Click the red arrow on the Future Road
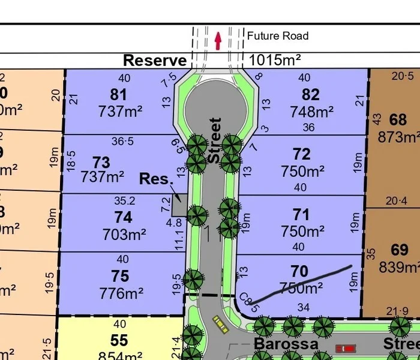point(218,40)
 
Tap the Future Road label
point(278,36)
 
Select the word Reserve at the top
point(155,61)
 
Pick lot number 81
point(119,95)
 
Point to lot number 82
point(311,95)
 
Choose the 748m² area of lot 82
point(311,112)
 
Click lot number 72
point(302,155)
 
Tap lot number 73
point(102,162)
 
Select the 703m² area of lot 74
point(122,235)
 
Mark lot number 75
point(120,275)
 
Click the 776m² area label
point(122,293)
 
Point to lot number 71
point(302,214)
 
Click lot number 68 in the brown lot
point(398,119)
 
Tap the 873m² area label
point(398,137)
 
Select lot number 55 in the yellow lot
point(119,341)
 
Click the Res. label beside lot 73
point(156,179)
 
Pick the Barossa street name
point(286,344)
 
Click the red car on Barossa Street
point(346,348)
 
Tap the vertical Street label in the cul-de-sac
point(215,140)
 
